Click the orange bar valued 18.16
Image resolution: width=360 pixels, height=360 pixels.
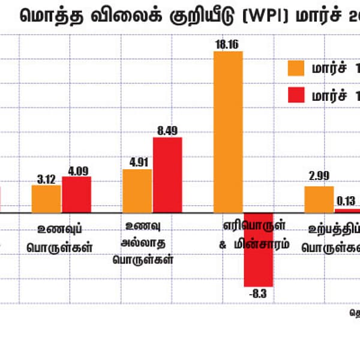coord(228,131)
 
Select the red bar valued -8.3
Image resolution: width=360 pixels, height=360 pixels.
coord(259,249)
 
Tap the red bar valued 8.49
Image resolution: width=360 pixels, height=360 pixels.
coord(167,175)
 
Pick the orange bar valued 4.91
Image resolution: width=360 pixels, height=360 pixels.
coord(137,191)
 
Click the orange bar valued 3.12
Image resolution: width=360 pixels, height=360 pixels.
coord(46,199)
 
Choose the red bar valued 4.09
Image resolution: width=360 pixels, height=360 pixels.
coord(76,194)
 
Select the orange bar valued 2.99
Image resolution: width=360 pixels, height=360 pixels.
coord(319,199)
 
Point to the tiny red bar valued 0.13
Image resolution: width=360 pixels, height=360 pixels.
coord(347,211)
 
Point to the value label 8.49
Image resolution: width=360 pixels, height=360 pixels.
coord(167,130)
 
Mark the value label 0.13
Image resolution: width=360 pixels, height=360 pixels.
coord(347,202)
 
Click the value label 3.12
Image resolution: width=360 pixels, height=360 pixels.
coord(46,178)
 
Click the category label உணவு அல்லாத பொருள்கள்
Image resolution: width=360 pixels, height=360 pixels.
coord(147,243)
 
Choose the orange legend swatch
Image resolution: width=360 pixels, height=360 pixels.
coord(296,68)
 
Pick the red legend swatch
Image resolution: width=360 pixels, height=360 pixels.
coord(296,95)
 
